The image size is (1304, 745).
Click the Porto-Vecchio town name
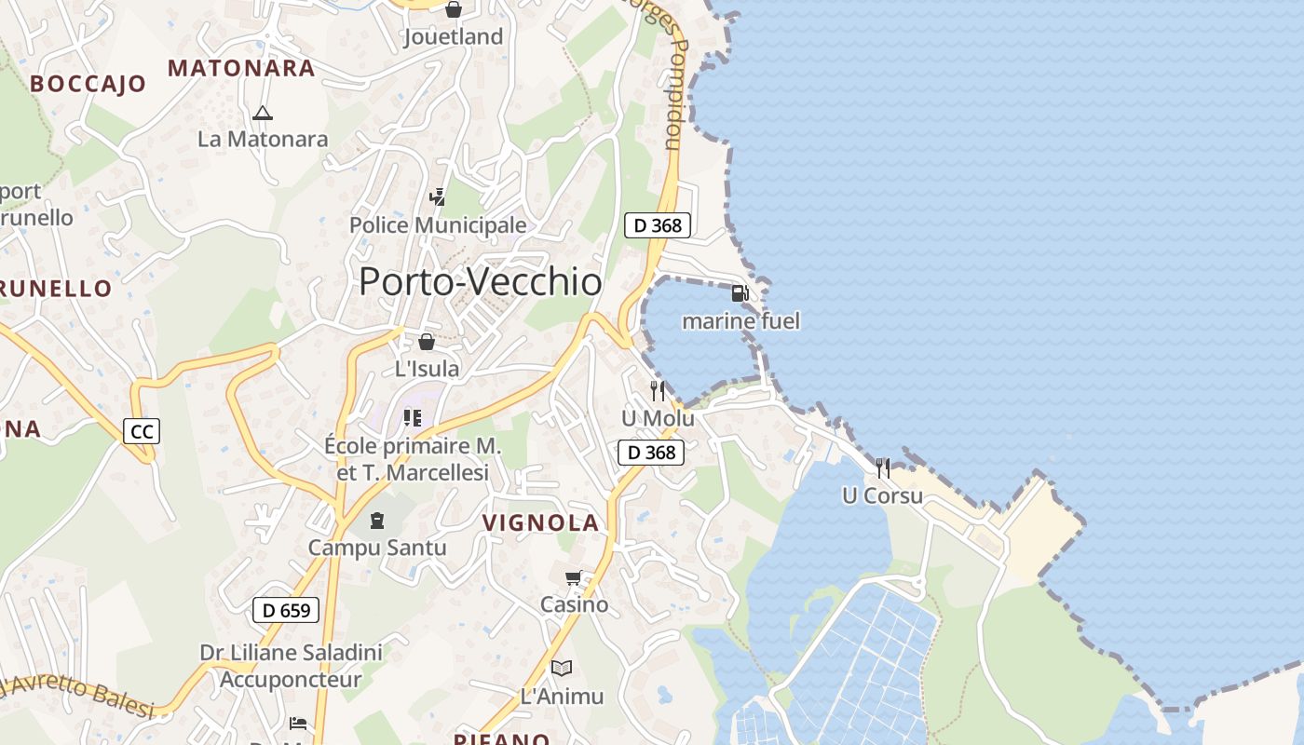tap(480, 281)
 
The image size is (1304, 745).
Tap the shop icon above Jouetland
tap(453, 9)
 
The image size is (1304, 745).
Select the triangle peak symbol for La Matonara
tap(263, 114)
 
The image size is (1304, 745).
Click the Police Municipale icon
tap(437, 196)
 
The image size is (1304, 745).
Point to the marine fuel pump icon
tap(740, 293)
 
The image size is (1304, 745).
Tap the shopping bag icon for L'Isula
tap(427, 342)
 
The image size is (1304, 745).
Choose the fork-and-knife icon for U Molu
tap(658, 391)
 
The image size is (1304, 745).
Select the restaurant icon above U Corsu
tap(882, 467)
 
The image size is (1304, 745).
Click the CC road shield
tap(142, 431)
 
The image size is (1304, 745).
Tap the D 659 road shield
tap(286, 611)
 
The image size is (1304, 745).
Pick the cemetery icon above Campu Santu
tap(377, 520)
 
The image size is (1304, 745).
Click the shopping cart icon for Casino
tap(574, 578)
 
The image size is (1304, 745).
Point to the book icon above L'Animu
tap(561, 668)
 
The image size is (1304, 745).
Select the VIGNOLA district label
tap(540, 523)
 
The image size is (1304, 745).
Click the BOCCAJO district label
tap(88, 84)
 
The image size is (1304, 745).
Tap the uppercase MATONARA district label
tap(241, 68)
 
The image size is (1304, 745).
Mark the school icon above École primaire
tap(412, 418)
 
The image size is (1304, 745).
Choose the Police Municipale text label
tap(438, 225)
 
